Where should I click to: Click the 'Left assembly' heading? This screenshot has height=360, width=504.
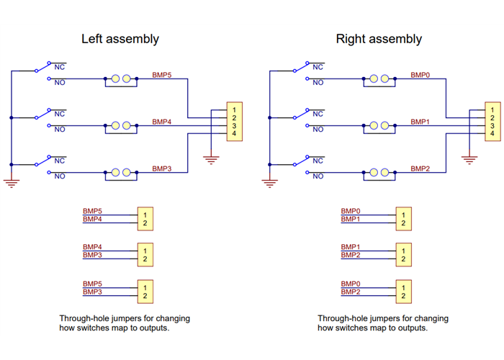[120, 39]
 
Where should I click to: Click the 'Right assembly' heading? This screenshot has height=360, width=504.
[379, 39]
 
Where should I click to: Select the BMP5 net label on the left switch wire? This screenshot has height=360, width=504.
[162, 74]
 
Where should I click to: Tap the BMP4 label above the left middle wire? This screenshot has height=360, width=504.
[162, 122]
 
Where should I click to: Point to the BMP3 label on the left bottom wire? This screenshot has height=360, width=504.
[162, 168]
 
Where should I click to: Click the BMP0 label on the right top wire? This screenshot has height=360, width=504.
[420, 74]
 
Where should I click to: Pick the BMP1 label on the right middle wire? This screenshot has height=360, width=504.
[420, 122]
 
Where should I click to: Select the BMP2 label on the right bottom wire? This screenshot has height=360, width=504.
[420, 168]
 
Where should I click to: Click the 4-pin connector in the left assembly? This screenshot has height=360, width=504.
[235, 122]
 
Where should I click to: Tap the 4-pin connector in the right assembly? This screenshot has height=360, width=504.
[492, 122]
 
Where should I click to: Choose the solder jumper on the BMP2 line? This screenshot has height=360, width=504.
[379, 173]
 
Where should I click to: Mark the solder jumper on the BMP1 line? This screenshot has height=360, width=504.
[379, 126]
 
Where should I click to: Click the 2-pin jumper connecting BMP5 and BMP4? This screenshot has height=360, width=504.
[145, 219]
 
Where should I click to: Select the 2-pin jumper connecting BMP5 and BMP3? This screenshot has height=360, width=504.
[145, 291]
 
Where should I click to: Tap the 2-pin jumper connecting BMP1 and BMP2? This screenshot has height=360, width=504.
[403, 255]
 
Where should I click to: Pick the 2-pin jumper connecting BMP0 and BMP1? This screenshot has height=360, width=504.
[403, 219]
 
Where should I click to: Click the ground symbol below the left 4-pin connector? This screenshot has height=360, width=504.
[210, 160]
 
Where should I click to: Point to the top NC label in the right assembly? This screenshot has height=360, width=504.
[318, 66]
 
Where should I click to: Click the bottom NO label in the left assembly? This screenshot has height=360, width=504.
[60, 176]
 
